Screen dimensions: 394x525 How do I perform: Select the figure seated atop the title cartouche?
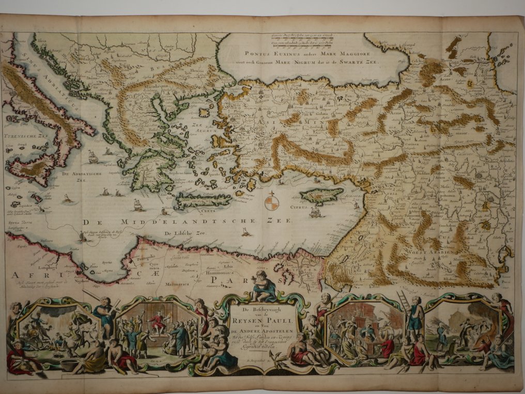click(264, 286)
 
